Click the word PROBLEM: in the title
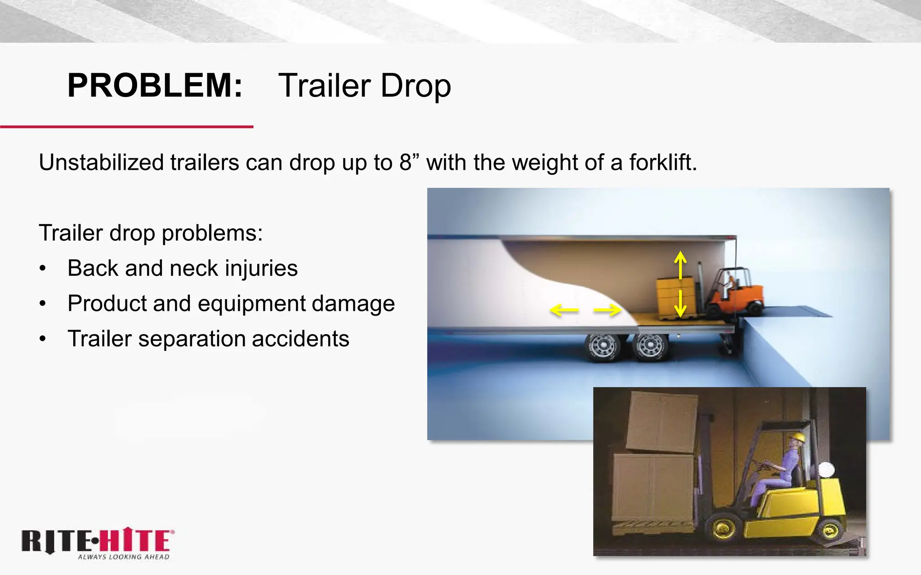(155, 85)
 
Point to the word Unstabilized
(101, 162)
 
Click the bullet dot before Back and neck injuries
(43, 269)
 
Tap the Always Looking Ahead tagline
(124, 557)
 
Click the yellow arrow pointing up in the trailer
(680, 265)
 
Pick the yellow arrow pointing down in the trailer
(680, 304)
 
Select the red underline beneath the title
(127, 127)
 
